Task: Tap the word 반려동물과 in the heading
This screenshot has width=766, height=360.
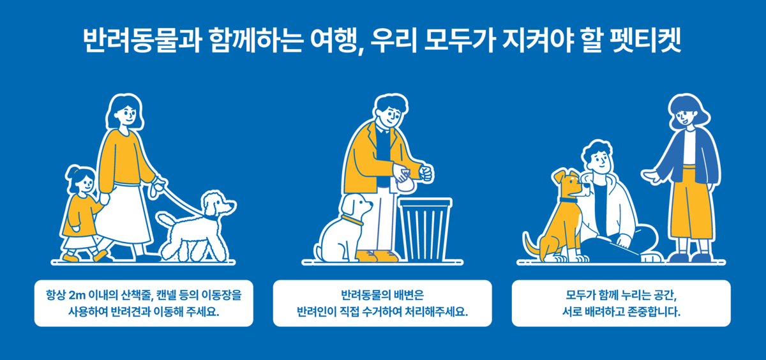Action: [142, 40]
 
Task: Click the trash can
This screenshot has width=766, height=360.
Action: [425, 229]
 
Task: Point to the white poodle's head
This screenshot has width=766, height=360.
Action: [218, 204]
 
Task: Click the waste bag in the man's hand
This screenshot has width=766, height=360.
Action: [405, 181]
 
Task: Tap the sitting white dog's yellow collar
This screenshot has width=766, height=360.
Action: [352, 220]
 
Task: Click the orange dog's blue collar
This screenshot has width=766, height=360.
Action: [568, 200]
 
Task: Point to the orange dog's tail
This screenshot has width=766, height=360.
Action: [531, 244]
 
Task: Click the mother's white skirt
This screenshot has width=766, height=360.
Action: [124, 215]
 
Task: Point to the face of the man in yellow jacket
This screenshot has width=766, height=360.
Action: [390, 116]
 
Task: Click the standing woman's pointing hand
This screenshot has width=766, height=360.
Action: [652, 176]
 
